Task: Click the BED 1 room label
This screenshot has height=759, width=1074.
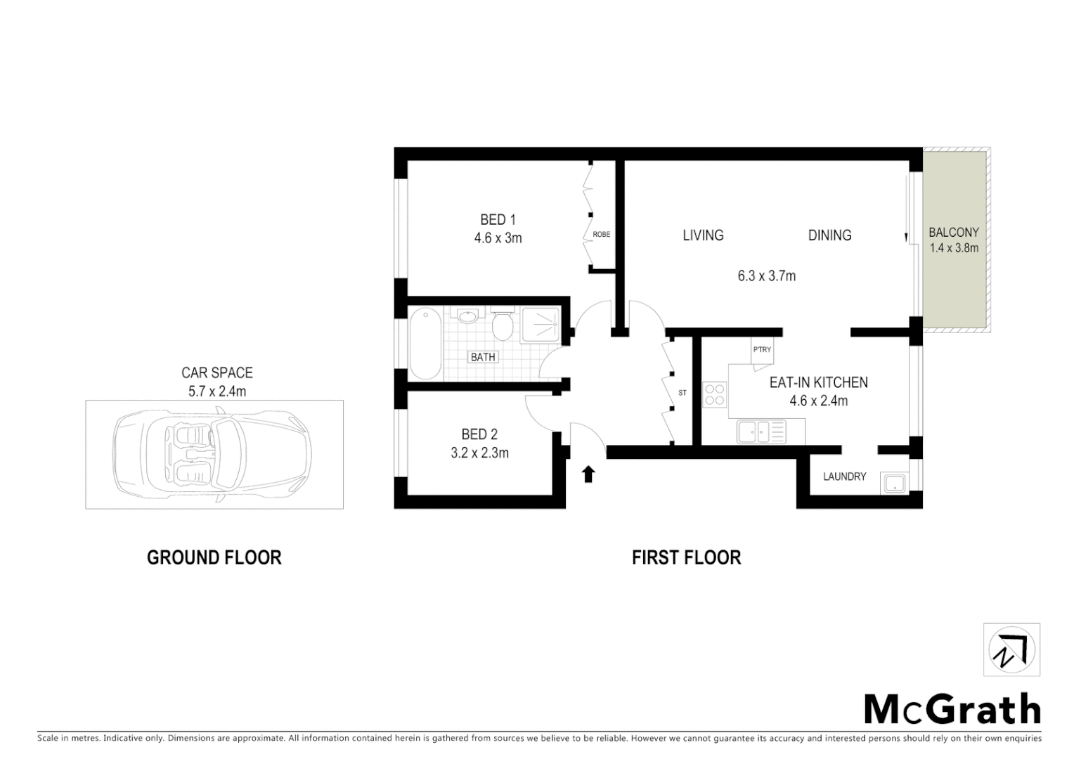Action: click(x=498, y=220)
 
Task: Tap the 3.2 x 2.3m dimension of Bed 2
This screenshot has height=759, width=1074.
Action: click(x=479, y=453)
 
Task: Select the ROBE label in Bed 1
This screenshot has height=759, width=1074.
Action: click(x=602, y=235)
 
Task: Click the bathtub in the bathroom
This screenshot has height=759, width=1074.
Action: click(x=425, y=343)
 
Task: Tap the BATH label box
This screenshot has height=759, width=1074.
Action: click(x=483, y=357)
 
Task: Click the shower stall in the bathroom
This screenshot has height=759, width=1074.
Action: click(x=541, y=325)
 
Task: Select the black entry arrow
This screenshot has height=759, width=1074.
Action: click(x=588, y=474)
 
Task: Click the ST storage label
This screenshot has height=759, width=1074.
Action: click(x=682, y=393)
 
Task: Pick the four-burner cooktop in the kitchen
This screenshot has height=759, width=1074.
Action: click(x=715, y=394)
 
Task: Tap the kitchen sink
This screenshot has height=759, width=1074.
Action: click(x=761, y=431)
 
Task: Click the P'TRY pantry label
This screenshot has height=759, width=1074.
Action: click(x=762, y=350)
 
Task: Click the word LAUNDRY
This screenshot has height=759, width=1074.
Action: click(x=844, y=476)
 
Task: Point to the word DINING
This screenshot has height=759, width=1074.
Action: click(x=829, y=235)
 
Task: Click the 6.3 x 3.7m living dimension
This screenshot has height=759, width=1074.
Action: click(x=766, y=276)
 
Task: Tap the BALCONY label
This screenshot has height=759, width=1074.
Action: click(x=953, y=233)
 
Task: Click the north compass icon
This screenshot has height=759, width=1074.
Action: click(x=1011, y=650)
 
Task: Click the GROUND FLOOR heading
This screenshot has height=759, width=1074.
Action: click(x=214, y=558)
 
